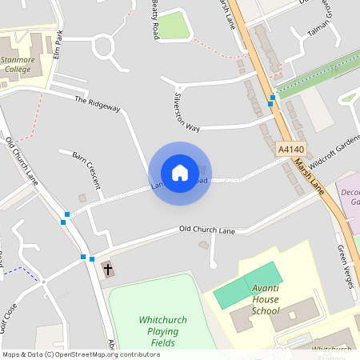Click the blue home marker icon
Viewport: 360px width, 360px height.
[180, 172]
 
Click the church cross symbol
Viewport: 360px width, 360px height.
[107, 270]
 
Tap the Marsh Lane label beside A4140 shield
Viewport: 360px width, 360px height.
[307, 174]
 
